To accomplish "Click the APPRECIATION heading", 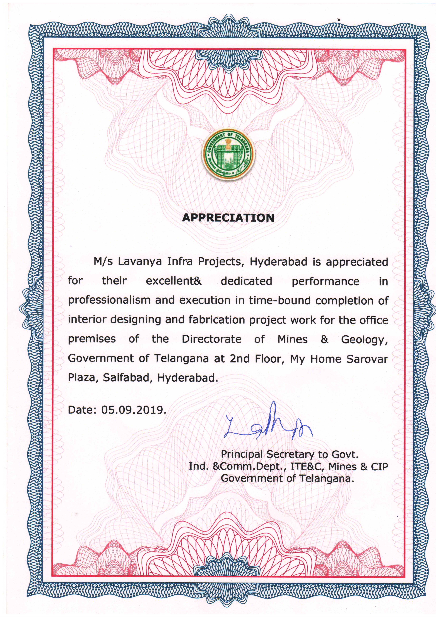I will [x=228, y=218].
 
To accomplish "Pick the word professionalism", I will [x=109, y=300].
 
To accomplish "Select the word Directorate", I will [x=212, y=339].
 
